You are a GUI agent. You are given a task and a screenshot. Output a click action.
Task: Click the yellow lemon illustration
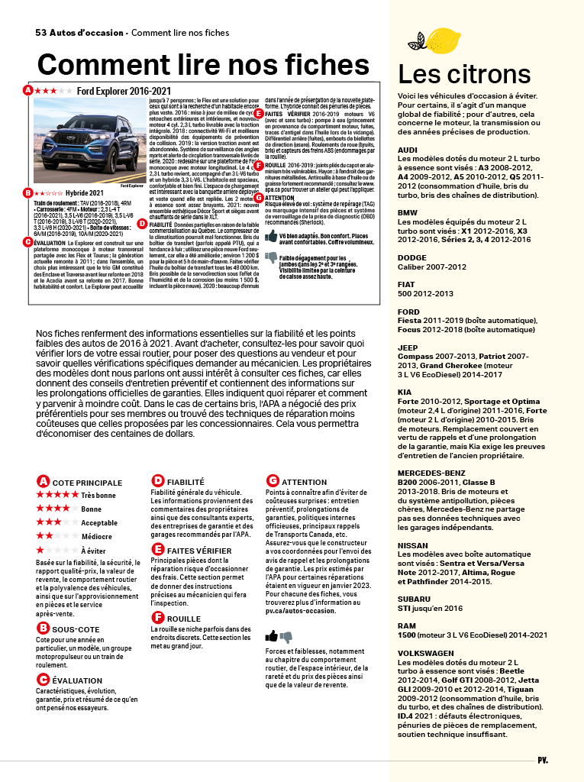point(443,40)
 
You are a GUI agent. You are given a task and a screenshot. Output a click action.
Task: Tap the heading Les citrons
point(464,75)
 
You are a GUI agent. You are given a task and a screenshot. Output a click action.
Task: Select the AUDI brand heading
point(408,150)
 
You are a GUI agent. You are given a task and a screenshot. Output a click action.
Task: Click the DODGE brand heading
point(412,257)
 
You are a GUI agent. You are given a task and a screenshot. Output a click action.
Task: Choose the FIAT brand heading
point(408,284)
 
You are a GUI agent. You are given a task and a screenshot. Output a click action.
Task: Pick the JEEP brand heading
point(408,347)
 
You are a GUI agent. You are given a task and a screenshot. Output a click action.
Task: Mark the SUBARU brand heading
point(414,599)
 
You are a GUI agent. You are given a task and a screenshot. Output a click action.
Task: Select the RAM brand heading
point(407,626)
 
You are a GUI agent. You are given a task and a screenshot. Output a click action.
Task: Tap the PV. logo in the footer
point(543,760)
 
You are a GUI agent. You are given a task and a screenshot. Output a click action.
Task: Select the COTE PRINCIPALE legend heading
point(87,483)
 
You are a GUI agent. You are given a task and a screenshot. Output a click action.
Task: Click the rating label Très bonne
point(98,495)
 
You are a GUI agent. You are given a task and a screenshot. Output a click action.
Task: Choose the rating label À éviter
point(94,551)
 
